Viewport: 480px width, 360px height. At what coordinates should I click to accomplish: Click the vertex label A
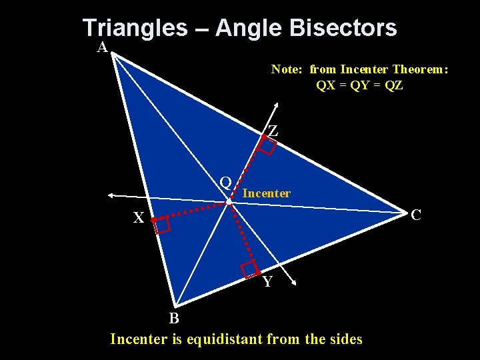[x=102, y=47]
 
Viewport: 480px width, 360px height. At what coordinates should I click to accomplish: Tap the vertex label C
[x=416, y=215]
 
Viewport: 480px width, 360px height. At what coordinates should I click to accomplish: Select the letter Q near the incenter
[x=226, y=182]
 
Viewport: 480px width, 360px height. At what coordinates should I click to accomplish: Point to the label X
[x=138, y=218]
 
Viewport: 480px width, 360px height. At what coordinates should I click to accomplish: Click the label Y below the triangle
[x=267, y=282]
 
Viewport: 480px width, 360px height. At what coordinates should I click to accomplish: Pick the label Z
[x=273, y=131]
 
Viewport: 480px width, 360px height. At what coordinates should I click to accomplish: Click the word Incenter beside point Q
[x=267, y=193]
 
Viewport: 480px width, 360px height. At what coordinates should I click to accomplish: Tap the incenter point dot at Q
[x=229, y=201]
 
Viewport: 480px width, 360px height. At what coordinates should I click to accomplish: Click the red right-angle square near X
[x=162, y=225]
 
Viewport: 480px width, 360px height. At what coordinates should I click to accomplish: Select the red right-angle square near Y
[x=250, y=269]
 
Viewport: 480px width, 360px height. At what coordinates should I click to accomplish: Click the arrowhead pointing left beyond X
[x=113, y=195]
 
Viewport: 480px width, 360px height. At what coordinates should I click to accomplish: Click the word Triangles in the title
[x=135, y=28]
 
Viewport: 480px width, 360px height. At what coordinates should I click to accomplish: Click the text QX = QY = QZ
[x=359, y=85]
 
